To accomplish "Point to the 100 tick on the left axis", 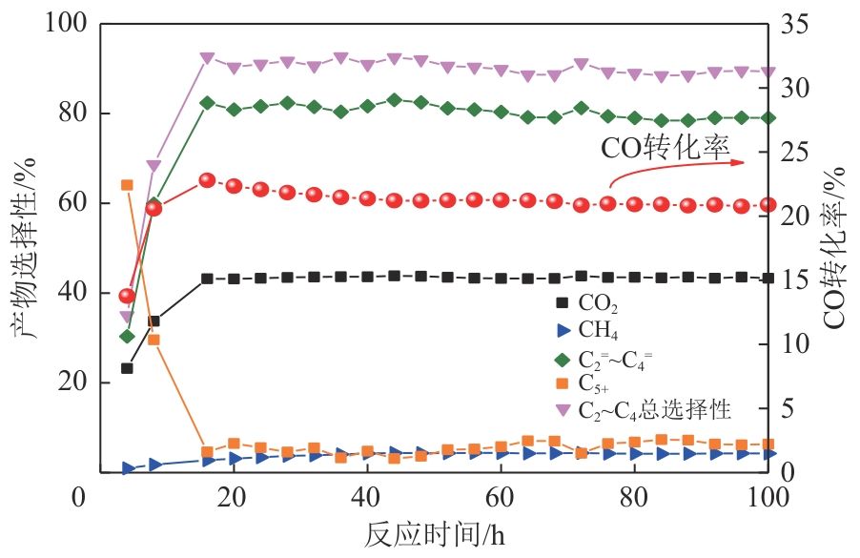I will [x=66, y=23].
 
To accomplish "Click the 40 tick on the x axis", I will [x=366, y=496].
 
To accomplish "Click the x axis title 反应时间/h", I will [x=433, y=534].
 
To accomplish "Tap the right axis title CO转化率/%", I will [x=835, y=246].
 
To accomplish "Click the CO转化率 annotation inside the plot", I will [x=665, y=148].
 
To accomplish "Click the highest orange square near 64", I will [x=126, y=185].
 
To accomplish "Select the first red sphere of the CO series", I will [x=126, y=296].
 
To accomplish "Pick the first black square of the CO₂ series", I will [x=126, y=368].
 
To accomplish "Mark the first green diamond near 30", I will [x=126, y=336].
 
